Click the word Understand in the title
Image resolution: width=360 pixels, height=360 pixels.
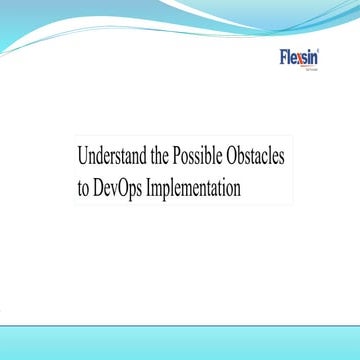[x=113, y=157]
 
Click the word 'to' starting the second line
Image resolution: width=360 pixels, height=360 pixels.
[x=82, y=187]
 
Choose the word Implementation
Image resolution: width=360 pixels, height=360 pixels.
[x=196, y=187]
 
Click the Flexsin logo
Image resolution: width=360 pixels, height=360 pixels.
[x=300, y=57]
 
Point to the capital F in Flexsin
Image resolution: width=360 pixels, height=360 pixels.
[x=284, y=56]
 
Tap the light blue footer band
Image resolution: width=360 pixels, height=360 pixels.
[x=180, y=340]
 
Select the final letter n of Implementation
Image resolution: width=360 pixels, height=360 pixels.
[x=237, y=188]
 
